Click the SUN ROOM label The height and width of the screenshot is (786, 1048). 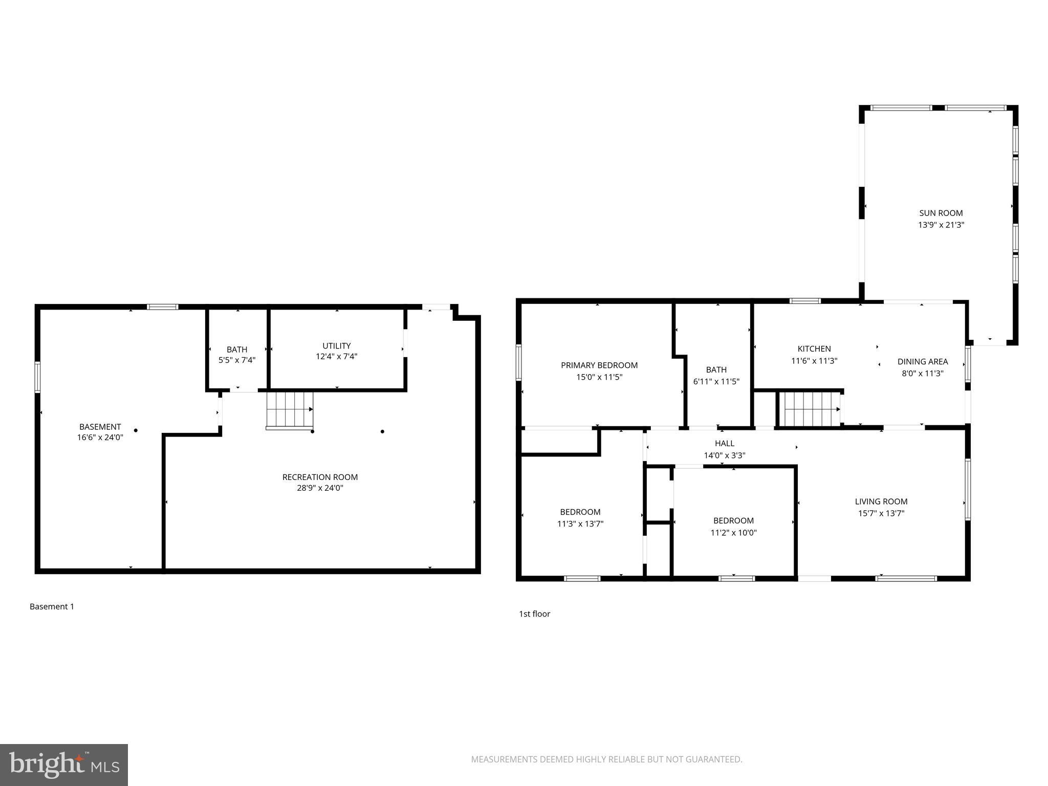coord(941,213)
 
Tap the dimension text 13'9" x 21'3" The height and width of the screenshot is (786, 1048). coord(941,225)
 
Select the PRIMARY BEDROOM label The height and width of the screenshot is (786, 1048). coord(599,365)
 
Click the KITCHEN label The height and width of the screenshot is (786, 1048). coord(814,349)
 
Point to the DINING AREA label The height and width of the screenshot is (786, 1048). coord(922,362)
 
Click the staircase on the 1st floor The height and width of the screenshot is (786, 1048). coord(809,409)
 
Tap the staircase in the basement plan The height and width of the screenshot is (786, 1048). coord(289,410)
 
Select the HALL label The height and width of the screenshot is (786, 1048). coord(724,444)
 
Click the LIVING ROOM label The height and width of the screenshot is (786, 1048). coord(881,502)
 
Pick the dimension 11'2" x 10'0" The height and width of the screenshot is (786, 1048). coord(733,533)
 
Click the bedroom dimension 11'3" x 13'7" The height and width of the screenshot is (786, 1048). coord(580,524)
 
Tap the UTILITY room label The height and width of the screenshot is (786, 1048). coord(336,346)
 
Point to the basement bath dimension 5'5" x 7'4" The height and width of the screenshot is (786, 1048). coord(237,360)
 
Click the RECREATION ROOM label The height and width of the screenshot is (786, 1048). coord(320,477)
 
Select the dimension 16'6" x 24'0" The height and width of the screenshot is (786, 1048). coord(100,438)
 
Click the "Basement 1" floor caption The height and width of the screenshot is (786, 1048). coord(52,607)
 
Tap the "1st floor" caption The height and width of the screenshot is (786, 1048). coord(534,614)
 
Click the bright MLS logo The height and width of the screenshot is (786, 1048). coord(63,765)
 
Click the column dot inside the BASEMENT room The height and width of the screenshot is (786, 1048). coord(136,430)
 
